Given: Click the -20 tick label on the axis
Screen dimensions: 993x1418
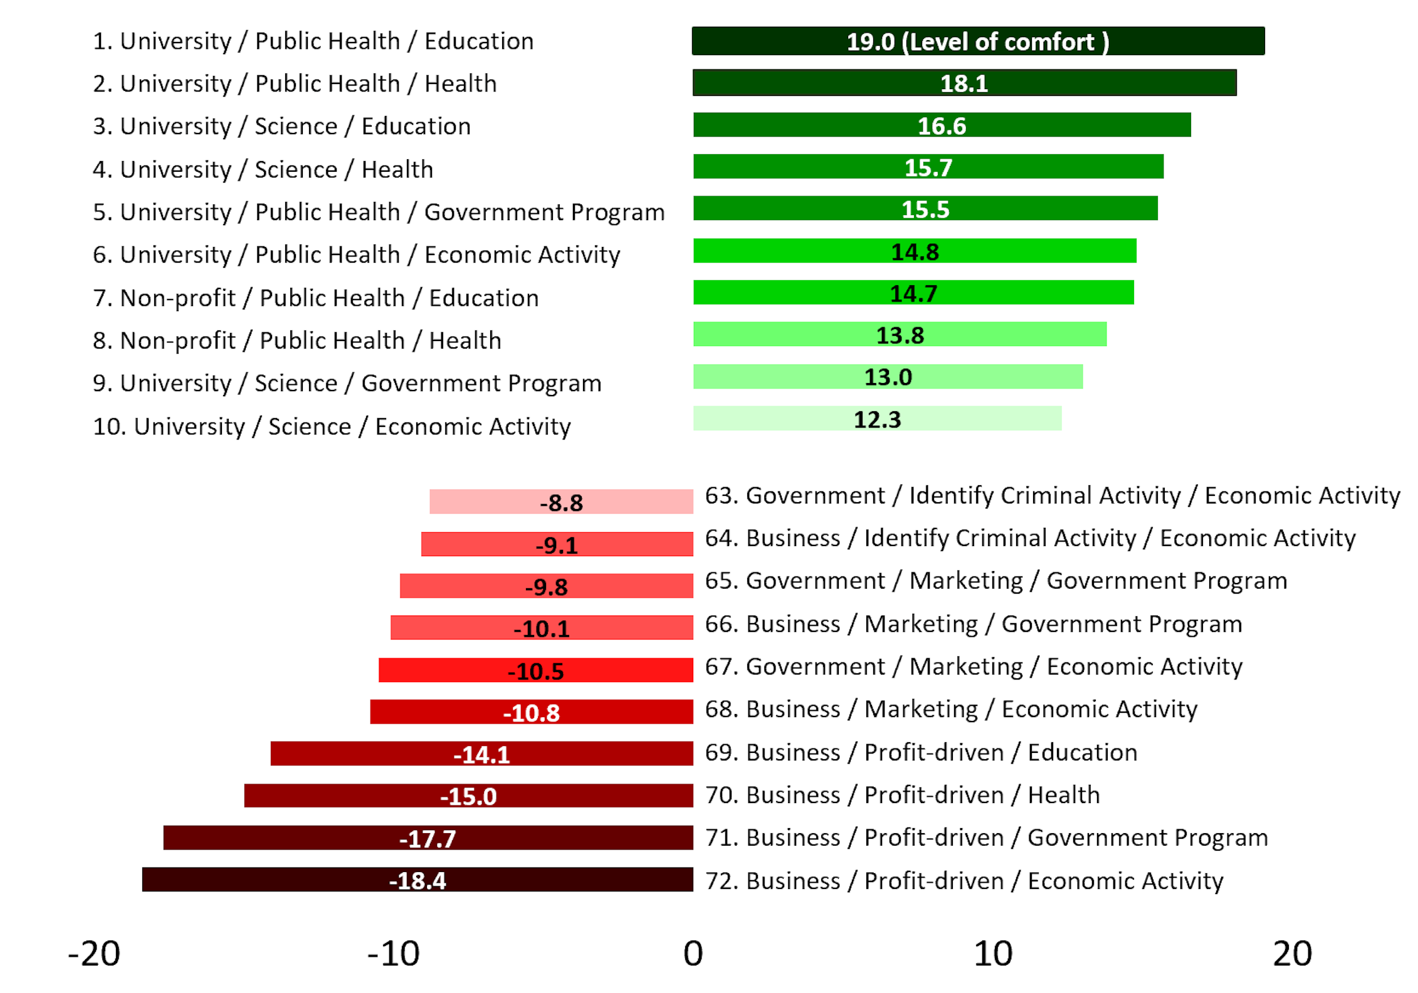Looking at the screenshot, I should tap(94, 954).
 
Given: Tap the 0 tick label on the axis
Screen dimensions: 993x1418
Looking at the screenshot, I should tap(693, 954).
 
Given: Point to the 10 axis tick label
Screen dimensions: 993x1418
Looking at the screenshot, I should tap(993, 954).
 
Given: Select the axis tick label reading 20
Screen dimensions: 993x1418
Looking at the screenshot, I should tap(1292, 954).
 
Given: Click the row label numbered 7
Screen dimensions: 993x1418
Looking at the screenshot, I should tap(316, 298).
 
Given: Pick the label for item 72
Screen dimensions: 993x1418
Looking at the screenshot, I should tap(964, 881).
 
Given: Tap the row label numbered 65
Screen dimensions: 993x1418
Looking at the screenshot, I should tap(996, 581).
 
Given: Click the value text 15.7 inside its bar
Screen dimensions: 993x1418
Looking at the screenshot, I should tap(928, 168).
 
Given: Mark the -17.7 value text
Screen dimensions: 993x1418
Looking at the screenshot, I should tap(428, 839).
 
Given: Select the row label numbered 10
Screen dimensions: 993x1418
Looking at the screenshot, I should tap(332, 426).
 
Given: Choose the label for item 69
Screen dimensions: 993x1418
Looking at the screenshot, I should tap(921, 752).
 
